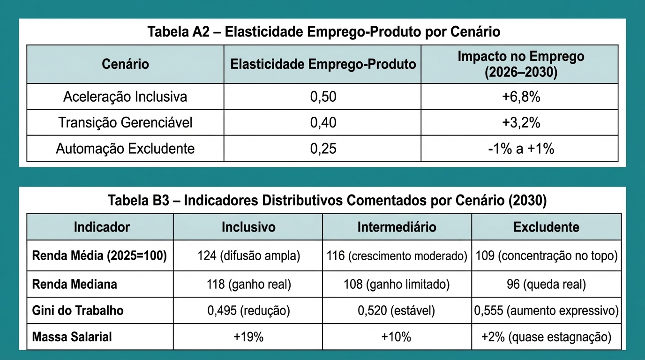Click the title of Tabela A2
(323, 32)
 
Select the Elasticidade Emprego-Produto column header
(323, 64)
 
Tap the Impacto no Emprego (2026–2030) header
(520, 64)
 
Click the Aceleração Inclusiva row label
(125, 97)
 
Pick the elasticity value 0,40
(323, 122)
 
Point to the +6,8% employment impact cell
(520, 97)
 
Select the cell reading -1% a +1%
(520, 149)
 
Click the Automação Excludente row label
(125, 149)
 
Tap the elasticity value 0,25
(323, 149)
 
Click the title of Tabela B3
(327, 201)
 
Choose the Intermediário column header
(397, 227)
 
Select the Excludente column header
(546, 227)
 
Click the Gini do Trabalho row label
(78, 310)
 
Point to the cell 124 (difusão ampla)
(247, 256)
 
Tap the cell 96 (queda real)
(546, 284)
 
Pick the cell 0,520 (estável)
(397, 310)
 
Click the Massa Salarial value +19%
(247, 337)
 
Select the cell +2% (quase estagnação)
(546, 337)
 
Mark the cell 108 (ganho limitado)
(397, 284)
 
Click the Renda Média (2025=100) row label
(99, 256)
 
